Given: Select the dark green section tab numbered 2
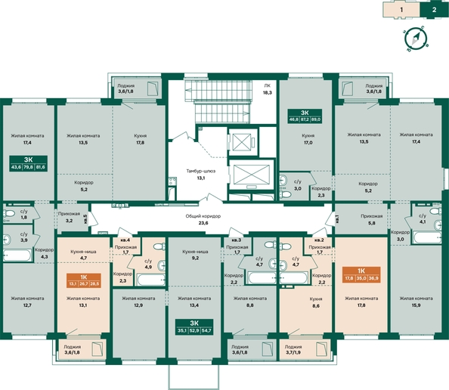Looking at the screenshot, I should click(435, 10).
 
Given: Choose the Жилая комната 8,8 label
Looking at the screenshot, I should click(244, 303).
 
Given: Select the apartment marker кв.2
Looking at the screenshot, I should click(319, 240).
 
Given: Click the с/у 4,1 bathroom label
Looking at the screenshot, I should click(422, 218).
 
